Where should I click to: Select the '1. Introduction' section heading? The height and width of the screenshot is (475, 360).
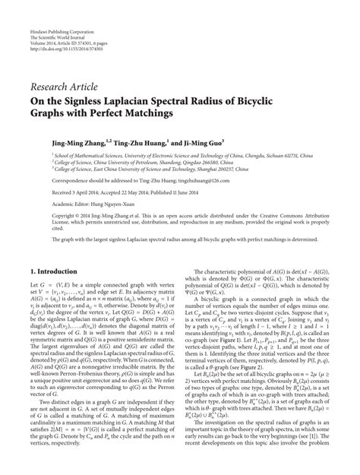54,270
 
